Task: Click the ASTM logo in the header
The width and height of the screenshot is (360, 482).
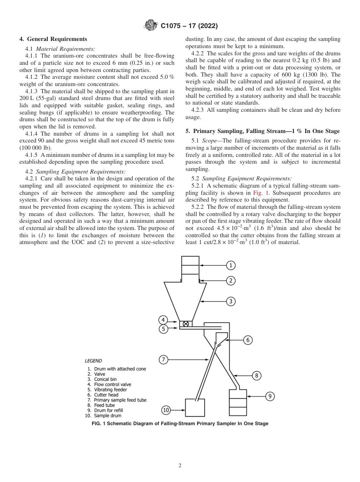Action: (x=151, y=26)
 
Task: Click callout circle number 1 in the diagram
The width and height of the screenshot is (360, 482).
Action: (x=232, y=265)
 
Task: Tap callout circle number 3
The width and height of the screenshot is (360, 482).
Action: (x=232, y=302)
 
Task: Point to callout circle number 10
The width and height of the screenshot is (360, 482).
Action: (x=166, y=410)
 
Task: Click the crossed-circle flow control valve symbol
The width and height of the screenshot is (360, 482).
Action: (x=186, y=324)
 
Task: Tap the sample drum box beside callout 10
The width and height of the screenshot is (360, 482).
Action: (x=195, y=408)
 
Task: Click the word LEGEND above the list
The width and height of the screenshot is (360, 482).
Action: (x=93, y=361)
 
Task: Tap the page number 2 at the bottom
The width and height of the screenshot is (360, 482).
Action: (x=180, y=466)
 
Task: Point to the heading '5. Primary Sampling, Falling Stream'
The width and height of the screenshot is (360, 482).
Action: (x=262, y=131)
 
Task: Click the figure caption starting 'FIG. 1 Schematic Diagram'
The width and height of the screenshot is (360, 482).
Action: (x=180, y=424)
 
